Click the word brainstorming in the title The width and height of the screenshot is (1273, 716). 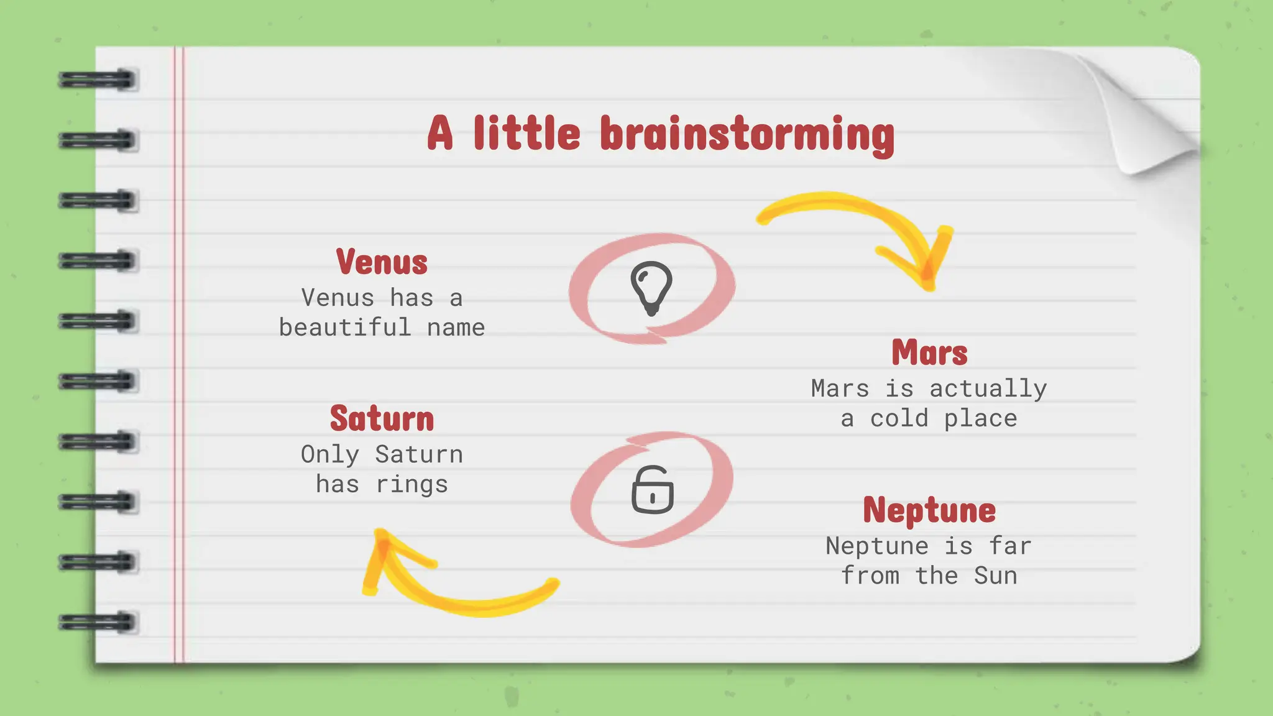pos(747,134)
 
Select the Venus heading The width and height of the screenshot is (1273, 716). pos(382,262)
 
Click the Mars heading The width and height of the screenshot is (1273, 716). pos(929,352)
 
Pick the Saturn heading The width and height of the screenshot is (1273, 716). pos(382,418)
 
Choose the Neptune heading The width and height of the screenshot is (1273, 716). pos(929,510)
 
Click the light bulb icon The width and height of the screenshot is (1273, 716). pos(651,288)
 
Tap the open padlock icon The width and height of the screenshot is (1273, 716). pos(652,490)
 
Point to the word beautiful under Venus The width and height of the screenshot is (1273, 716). pos(345,328)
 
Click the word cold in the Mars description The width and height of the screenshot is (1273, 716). pos(899,418)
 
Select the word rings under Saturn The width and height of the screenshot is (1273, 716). pos(411,484)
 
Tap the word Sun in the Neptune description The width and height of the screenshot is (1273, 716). pos(995,576)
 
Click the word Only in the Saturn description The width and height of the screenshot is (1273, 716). pos(330,454)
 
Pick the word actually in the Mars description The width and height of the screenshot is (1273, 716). pos(988,388)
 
